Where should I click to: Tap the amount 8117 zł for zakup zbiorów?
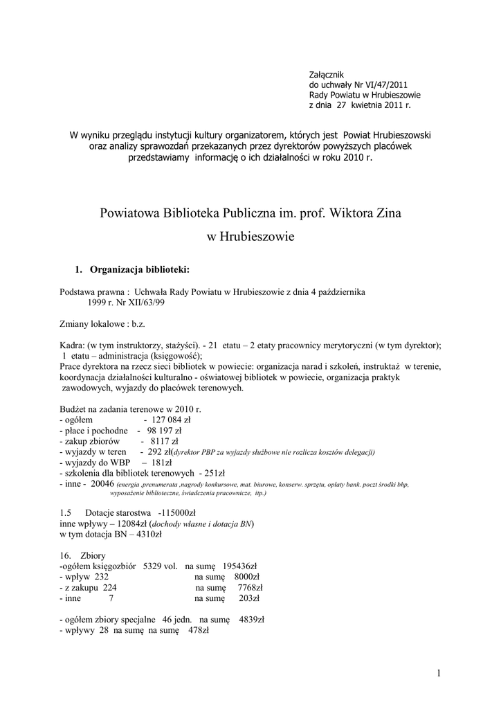pyautogui.click(x=164, y=440)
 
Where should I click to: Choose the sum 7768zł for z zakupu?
pyautogui.click(x=247, y=586)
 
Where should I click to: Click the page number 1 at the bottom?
pyautogui.click(x=439, y=672)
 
